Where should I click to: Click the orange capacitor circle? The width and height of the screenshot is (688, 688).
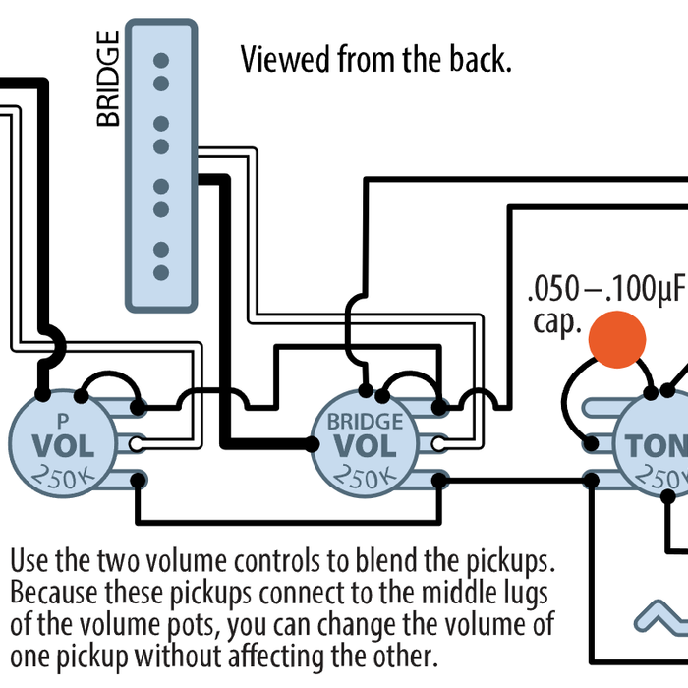click(616, 340)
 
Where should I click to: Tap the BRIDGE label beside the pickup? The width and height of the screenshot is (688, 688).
click(108, 79)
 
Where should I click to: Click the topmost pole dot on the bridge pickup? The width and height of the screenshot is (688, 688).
click(161, 61)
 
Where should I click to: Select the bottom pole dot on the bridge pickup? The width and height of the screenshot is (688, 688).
click(161, 271)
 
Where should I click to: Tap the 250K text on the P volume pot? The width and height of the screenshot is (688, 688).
click(64, 478)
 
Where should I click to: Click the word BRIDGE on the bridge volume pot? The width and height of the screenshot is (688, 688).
click(365, 422)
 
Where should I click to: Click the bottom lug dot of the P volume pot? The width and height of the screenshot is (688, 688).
click(139, 480)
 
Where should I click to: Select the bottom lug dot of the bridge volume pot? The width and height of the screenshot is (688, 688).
click(440, 481)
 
